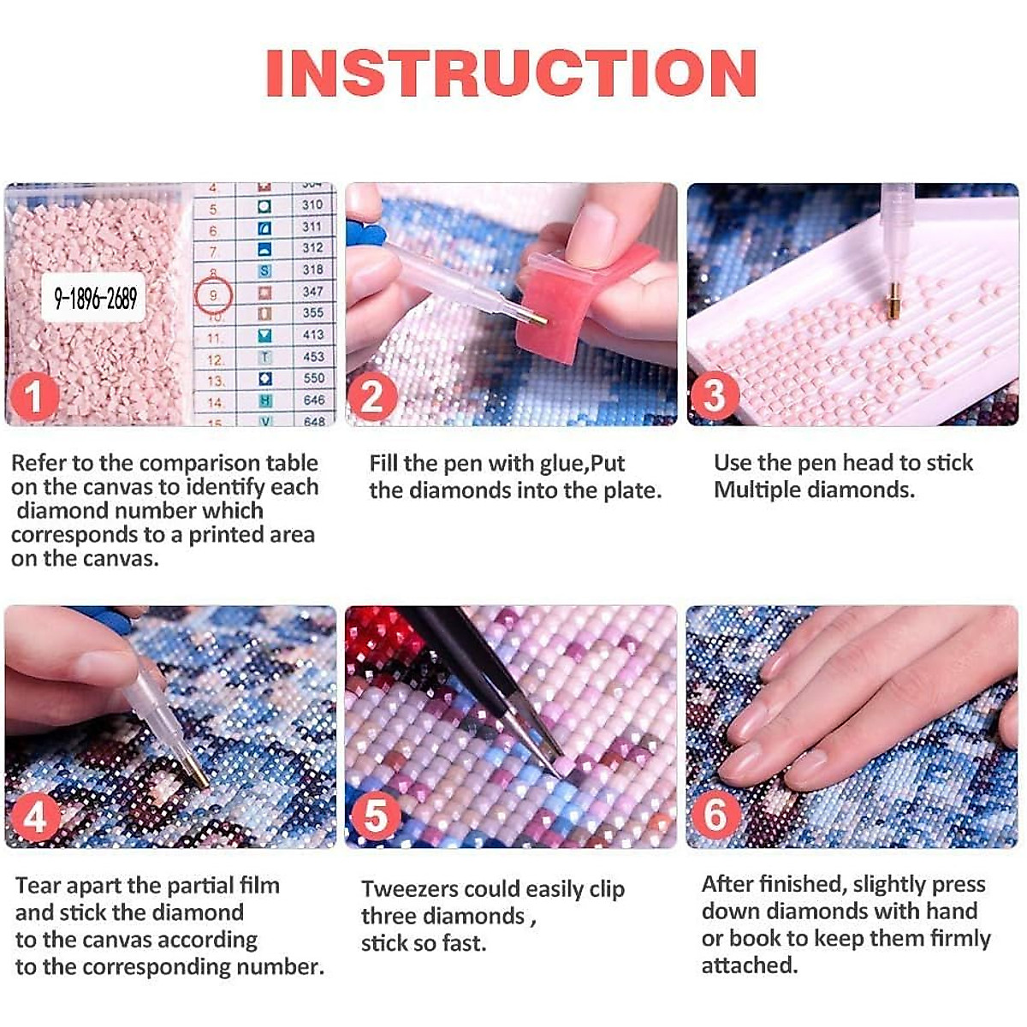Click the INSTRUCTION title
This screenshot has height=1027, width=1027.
point(511,73)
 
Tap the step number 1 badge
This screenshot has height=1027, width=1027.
point(34,396)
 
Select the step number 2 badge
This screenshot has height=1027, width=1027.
point(373,396)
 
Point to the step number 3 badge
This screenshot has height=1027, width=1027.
point(715,396)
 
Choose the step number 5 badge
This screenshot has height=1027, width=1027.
point(375,816)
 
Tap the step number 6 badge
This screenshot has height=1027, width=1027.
point(715,816)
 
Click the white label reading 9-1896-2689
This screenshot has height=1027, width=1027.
point(94,297)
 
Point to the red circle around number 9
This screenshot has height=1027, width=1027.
point(213,294)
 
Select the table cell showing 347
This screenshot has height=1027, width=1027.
point(313,292)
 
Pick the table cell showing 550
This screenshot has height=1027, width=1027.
point(314,378)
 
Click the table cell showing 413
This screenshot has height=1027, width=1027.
point(314,335)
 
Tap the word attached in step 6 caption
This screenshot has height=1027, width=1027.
point(750,965)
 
